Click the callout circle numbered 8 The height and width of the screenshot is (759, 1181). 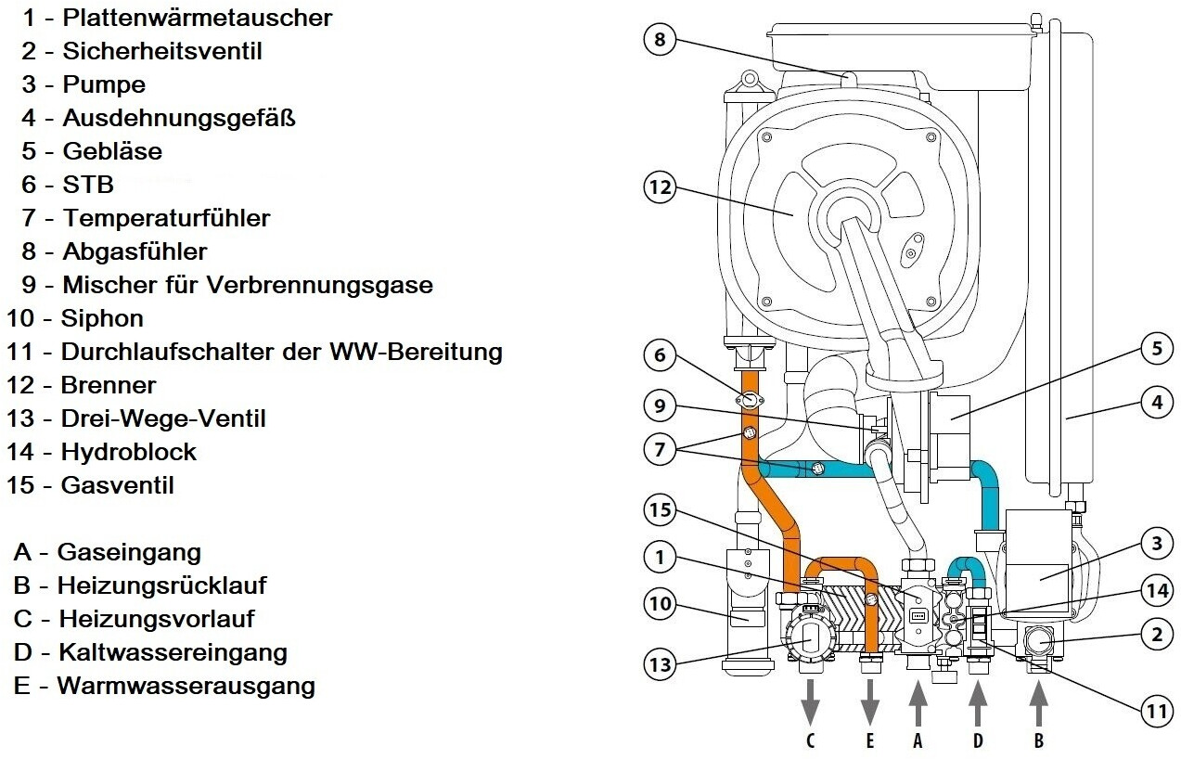(x=659, y=41)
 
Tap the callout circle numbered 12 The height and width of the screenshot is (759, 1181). (x=659, y=187)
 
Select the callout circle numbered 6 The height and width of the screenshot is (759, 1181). (x=659, y=355)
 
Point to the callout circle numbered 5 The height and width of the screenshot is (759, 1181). (x=1156, y=350)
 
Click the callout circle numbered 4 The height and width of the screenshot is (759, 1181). (x=1156, y=404)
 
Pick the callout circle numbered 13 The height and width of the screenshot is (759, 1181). (x=659, y=664)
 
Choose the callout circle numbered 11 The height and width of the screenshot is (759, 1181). (x=1156, y=712)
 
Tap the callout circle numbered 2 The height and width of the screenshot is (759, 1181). (x=1156, y=636)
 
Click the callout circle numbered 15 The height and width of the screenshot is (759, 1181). (x=659, y=511)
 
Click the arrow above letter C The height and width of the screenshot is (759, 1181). (x=811, y=701)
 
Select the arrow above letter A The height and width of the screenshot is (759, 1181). (x=918, y=701)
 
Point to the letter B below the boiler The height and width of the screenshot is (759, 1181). (x=1038, y=740)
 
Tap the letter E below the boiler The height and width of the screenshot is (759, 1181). (x=870, y=740)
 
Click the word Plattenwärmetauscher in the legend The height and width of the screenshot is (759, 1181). (x=198, y=18)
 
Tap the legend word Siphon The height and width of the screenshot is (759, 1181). (x=103, y=318)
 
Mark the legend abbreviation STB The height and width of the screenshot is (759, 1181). (x=88, y=185)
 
